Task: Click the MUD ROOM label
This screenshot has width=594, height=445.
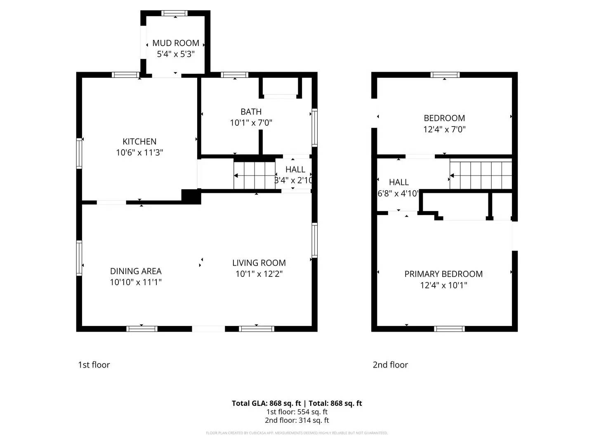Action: tap(176, 43)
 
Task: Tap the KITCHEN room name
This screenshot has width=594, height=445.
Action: tap(139, 141)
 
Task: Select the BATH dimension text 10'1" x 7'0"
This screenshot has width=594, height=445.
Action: tap(251, 123)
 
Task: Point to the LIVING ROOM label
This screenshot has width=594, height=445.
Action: tap(259, 263)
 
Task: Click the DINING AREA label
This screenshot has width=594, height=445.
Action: tap(136, 271)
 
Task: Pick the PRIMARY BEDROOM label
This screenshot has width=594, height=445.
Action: tap(443, 274)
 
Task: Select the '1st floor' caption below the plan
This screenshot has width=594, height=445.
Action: tap(94, 365)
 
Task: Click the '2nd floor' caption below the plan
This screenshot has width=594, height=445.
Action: tap(390, 365)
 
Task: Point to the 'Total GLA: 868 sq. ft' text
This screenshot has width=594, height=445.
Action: tap(266, 403)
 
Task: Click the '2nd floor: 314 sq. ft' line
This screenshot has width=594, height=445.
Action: tap(297, 420)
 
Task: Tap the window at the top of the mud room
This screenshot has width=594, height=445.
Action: tap(175, 13)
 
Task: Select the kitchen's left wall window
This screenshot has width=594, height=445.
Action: tap(79, 153)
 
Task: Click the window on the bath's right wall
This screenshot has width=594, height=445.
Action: tap(314, 127)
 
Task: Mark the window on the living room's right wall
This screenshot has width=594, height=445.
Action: tap(314, 240)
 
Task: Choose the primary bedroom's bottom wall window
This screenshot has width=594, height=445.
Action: tap(449, 329)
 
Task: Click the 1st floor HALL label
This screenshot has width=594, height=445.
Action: tap(295, 169)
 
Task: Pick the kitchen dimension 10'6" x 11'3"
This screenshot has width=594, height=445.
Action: tap(139, 152)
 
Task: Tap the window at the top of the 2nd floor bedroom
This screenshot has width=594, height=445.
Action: tap(445, 75)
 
